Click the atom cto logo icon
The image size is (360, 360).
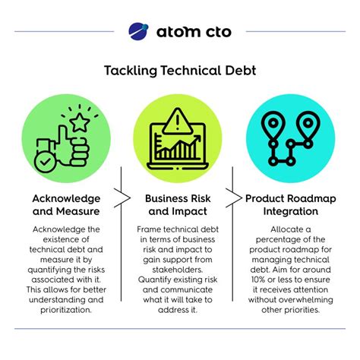139,32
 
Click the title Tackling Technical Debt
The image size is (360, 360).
180,71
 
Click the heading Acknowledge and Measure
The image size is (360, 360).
66,205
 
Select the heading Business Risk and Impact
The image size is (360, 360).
179,205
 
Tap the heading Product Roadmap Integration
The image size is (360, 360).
293,205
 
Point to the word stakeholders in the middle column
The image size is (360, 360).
180,267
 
